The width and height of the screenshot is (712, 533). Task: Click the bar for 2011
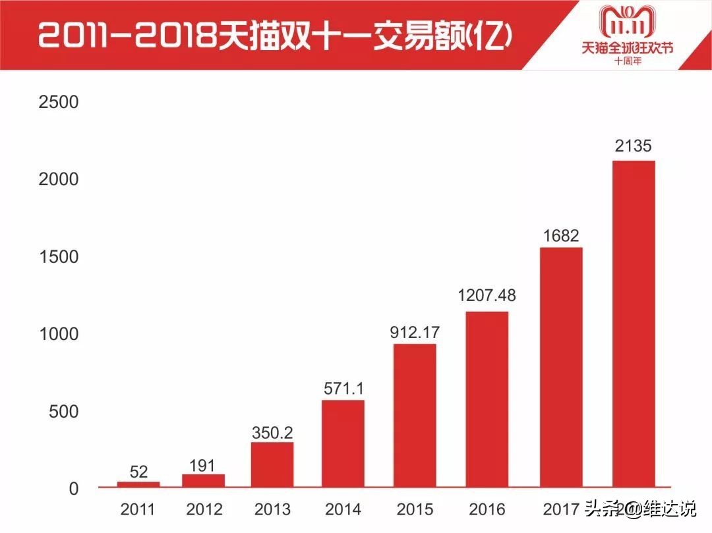pos(138,484)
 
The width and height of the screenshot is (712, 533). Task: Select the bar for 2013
pos(272,464)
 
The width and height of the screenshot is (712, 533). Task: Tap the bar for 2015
pos(415,415)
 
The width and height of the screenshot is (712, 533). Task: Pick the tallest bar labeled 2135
pos(634,323)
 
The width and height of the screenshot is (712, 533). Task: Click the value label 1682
pos(561,236)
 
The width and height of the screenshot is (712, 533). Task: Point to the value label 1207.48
pos(487,296)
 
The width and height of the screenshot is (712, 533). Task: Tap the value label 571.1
pos(343,388)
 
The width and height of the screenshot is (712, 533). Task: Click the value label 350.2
pos(272,433)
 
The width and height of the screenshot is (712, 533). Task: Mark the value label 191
pos(202,465)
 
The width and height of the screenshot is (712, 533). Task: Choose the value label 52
pos(138,472)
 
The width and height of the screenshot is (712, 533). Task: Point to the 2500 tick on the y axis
pos(59,102)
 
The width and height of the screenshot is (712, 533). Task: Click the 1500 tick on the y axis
pos(59,257)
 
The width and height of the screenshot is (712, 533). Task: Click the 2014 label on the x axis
pos(343,509)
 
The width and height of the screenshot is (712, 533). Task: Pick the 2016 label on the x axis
pos(487,509)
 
